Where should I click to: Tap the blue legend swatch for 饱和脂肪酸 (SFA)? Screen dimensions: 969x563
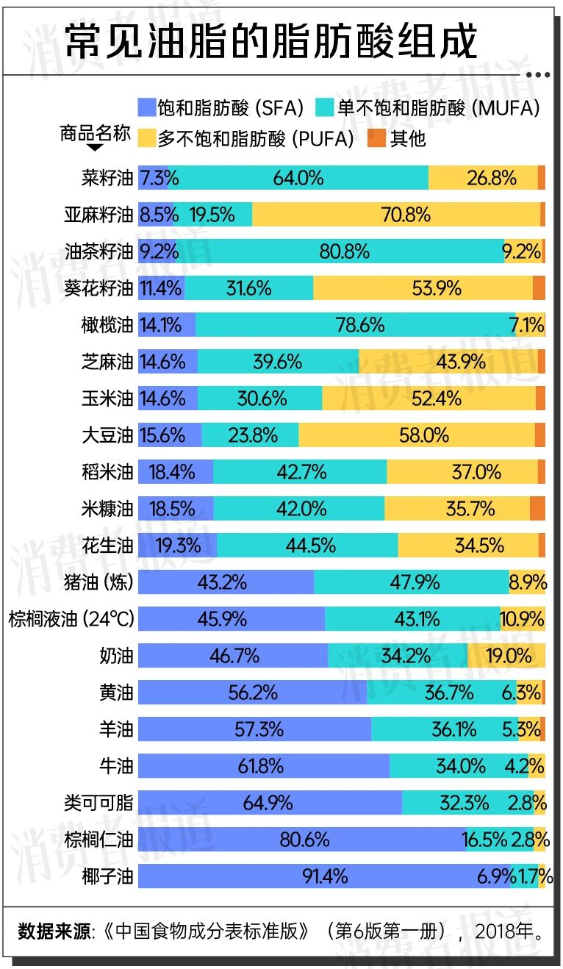tap(147, 109)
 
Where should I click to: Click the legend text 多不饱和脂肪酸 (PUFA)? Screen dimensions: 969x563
tap(255, 138)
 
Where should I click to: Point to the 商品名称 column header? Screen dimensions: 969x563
tap(96, 133)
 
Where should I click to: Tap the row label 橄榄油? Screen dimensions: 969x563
tap(107, 325)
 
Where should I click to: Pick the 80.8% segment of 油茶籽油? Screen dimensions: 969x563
tap(344, 251)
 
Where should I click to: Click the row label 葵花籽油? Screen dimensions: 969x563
tap(98, 288)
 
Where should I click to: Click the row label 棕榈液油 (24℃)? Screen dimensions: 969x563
tap(71, 619)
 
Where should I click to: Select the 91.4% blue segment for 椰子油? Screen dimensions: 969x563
tap(324, 876)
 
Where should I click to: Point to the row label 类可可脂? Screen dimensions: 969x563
tap(98, 803)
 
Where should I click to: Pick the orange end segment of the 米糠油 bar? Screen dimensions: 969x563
tap(537, 509)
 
